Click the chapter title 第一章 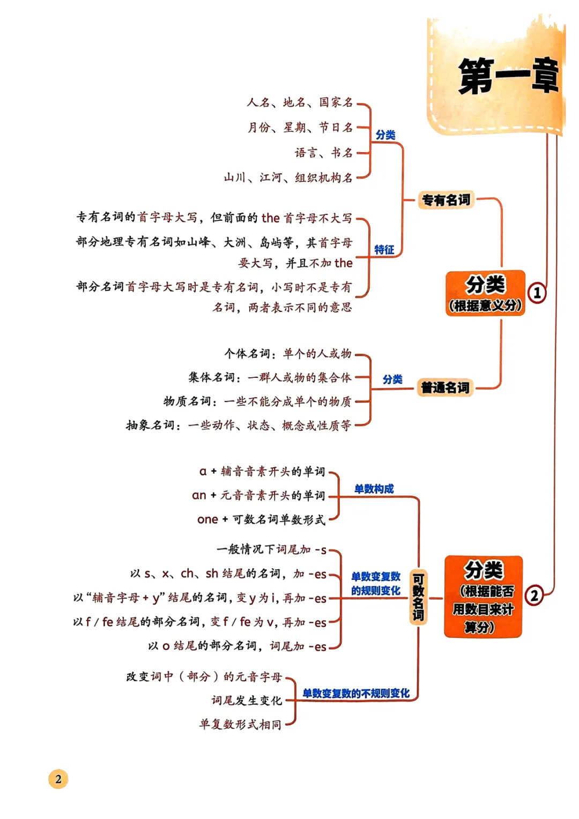(x=508, y=77)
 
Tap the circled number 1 (x=537, y=293)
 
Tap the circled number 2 (x=534, y=595)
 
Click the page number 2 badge (x=58, y=779)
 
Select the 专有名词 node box (x=446, y=200)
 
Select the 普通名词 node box (x=445, y=388)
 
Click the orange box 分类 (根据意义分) (x=485, y=293)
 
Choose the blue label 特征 (x=384, y=250)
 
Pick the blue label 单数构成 (x=374, y=489)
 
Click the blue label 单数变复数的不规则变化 (x=356, y=694)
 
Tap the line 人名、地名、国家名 (x=300, y=102)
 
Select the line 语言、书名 (x=324, y=153)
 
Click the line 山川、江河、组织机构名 (x=288, y=177)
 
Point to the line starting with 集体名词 (x=270, y=377)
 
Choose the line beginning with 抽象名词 (x=239, y=425)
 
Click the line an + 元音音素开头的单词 (x=258, y=495)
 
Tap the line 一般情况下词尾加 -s (x=271, y=549)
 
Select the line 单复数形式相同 (x=240, y=725)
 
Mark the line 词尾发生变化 (x=247, y=701)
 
